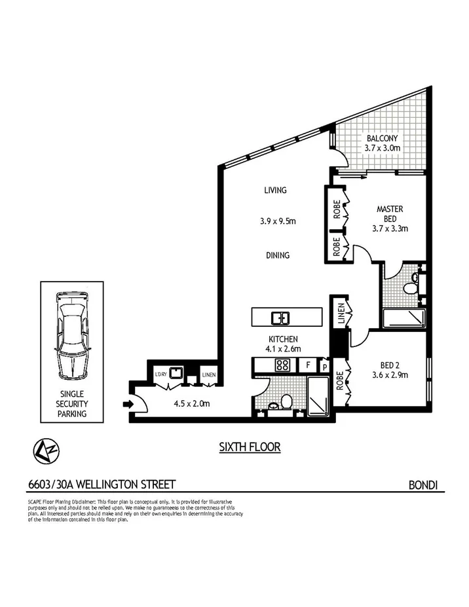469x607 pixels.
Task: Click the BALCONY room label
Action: click(382, 139)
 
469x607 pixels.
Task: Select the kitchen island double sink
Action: click(280, 318)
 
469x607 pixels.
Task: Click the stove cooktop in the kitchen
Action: click(283, 365)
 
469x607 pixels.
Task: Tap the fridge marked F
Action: click(309, 365)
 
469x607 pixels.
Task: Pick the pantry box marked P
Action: click(324, 365)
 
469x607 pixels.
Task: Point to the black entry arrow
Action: click(128, 404)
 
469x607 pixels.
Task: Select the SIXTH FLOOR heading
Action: click(250, 447)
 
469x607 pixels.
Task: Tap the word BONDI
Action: click(422, 485)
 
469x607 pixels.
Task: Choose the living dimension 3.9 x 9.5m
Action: click(278, 221)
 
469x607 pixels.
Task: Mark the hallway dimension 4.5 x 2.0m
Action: click(191, 403)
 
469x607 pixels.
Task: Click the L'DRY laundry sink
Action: click(175, 373)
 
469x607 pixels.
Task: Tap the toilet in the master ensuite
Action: click(411, 285)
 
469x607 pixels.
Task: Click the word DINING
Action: click(277, 255)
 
